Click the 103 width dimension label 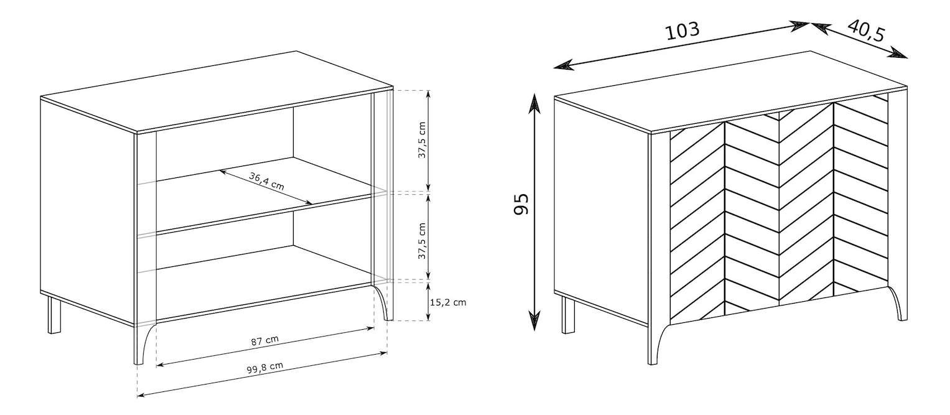(682, 30)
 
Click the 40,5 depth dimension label (867, 30)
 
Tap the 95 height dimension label (521, 204)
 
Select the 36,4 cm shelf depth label (266, 181)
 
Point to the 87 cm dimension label (264, 340)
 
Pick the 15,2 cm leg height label (448, 302)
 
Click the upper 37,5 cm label (422, 140)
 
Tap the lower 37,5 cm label (422, 241)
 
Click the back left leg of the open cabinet (54, 315)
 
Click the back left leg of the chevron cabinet (568, 315)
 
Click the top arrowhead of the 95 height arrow (534, 103)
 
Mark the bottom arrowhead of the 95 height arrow (534, 320)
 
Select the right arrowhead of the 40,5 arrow (898, 53)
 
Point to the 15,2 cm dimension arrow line (429, 301)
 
